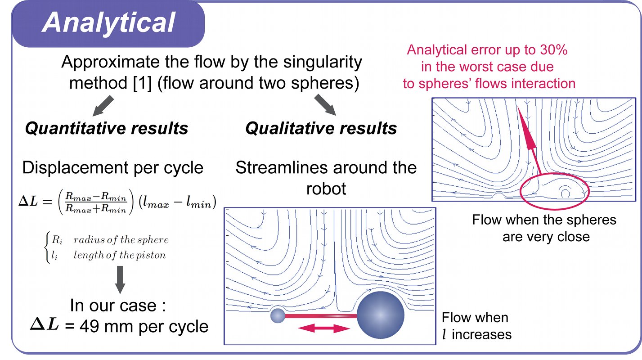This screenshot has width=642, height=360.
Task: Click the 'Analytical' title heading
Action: tap(108, 22)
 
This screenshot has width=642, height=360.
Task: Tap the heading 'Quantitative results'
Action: tap(106, 129)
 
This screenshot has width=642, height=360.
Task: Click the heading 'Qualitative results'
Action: tap(321, 129)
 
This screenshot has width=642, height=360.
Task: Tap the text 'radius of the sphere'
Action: tap(121, 240)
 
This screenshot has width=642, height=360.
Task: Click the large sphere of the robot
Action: tap(380, 315)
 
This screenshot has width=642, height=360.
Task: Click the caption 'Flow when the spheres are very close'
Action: tap(544, 228)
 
